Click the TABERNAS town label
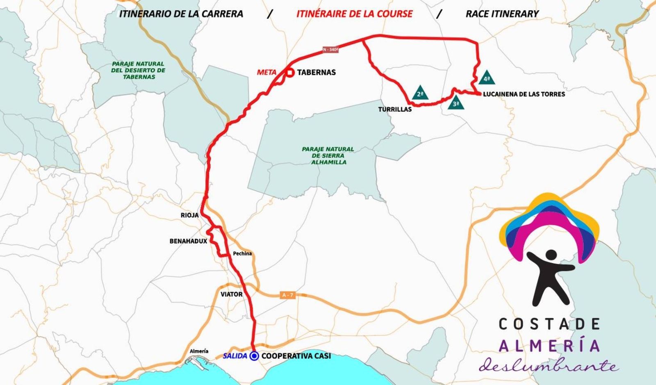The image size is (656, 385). point(316,73)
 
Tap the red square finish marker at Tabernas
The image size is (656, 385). point(290,73)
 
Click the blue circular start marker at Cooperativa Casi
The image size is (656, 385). point(254,356)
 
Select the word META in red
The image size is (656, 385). point(266,73)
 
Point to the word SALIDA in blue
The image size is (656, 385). point(235,356)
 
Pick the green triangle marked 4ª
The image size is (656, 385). point(487,78)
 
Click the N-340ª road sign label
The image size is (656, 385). point(330,50)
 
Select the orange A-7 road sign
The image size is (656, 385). point(288,295)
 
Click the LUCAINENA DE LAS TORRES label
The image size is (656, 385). point(524,94)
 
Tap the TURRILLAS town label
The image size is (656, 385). point(395,109)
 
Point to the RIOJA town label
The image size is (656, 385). point(189,215)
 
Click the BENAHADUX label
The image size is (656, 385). point(188,241)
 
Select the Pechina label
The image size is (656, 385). point(242,253)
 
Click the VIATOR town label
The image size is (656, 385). point(232,294)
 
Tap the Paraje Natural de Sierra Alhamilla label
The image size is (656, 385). point(328,156)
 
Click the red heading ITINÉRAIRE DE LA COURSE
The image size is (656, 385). point(355,14)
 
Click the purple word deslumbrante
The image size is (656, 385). point(549,364)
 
